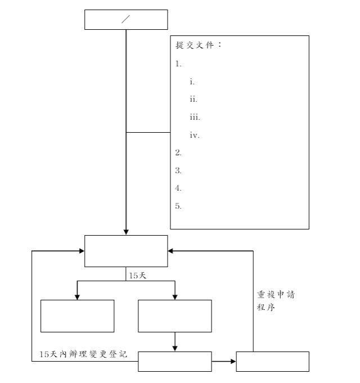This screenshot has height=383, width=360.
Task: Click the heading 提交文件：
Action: [x=199, y=45]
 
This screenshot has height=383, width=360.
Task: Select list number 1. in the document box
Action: [x=178, y=64]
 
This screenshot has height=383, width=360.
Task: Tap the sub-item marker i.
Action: [x=192, y=82]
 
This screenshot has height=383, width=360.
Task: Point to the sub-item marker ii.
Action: [x=193, y=100]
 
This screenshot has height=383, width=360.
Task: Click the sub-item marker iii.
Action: [x=195, y=117]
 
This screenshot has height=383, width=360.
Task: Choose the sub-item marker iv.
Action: [x=195, y=135]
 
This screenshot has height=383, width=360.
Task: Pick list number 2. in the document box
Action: [x=178, y=152]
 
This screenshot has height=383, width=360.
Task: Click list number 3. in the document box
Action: [x=178, y=170]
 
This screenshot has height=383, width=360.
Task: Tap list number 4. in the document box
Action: [x=178, y=188]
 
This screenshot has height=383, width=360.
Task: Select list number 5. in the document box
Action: [x=178, y=206]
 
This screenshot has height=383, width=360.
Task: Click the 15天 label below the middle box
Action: [x=137, y=276]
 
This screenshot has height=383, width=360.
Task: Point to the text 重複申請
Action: [x=276, y=295]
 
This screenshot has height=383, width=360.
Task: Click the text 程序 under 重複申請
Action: [x=265, y=307]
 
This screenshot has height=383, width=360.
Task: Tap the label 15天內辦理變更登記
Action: [x=83, y=354]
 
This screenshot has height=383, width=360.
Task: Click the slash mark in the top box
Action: [x=125, y=19]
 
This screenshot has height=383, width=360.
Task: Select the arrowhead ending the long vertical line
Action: [x=126, y=232]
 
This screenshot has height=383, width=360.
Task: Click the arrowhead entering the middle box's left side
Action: [x=82, y=251]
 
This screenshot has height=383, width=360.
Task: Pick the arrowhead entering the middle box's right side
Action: [x=170, y=251]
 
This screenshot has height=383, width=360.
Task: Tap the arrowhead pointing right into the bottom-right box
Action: [x=233, y=361]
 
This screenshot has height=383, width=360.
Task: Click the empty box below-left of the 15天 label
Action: [x=77, y=316]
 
